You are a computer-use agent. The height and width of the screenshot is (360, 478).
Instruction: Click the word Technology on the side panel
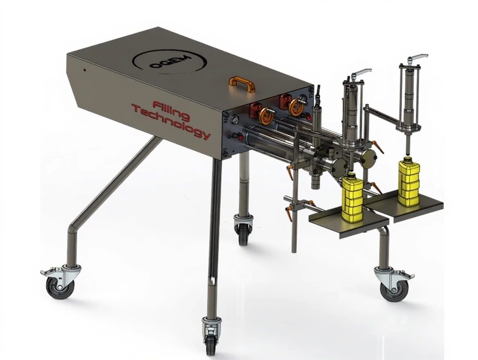point(171,123)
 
